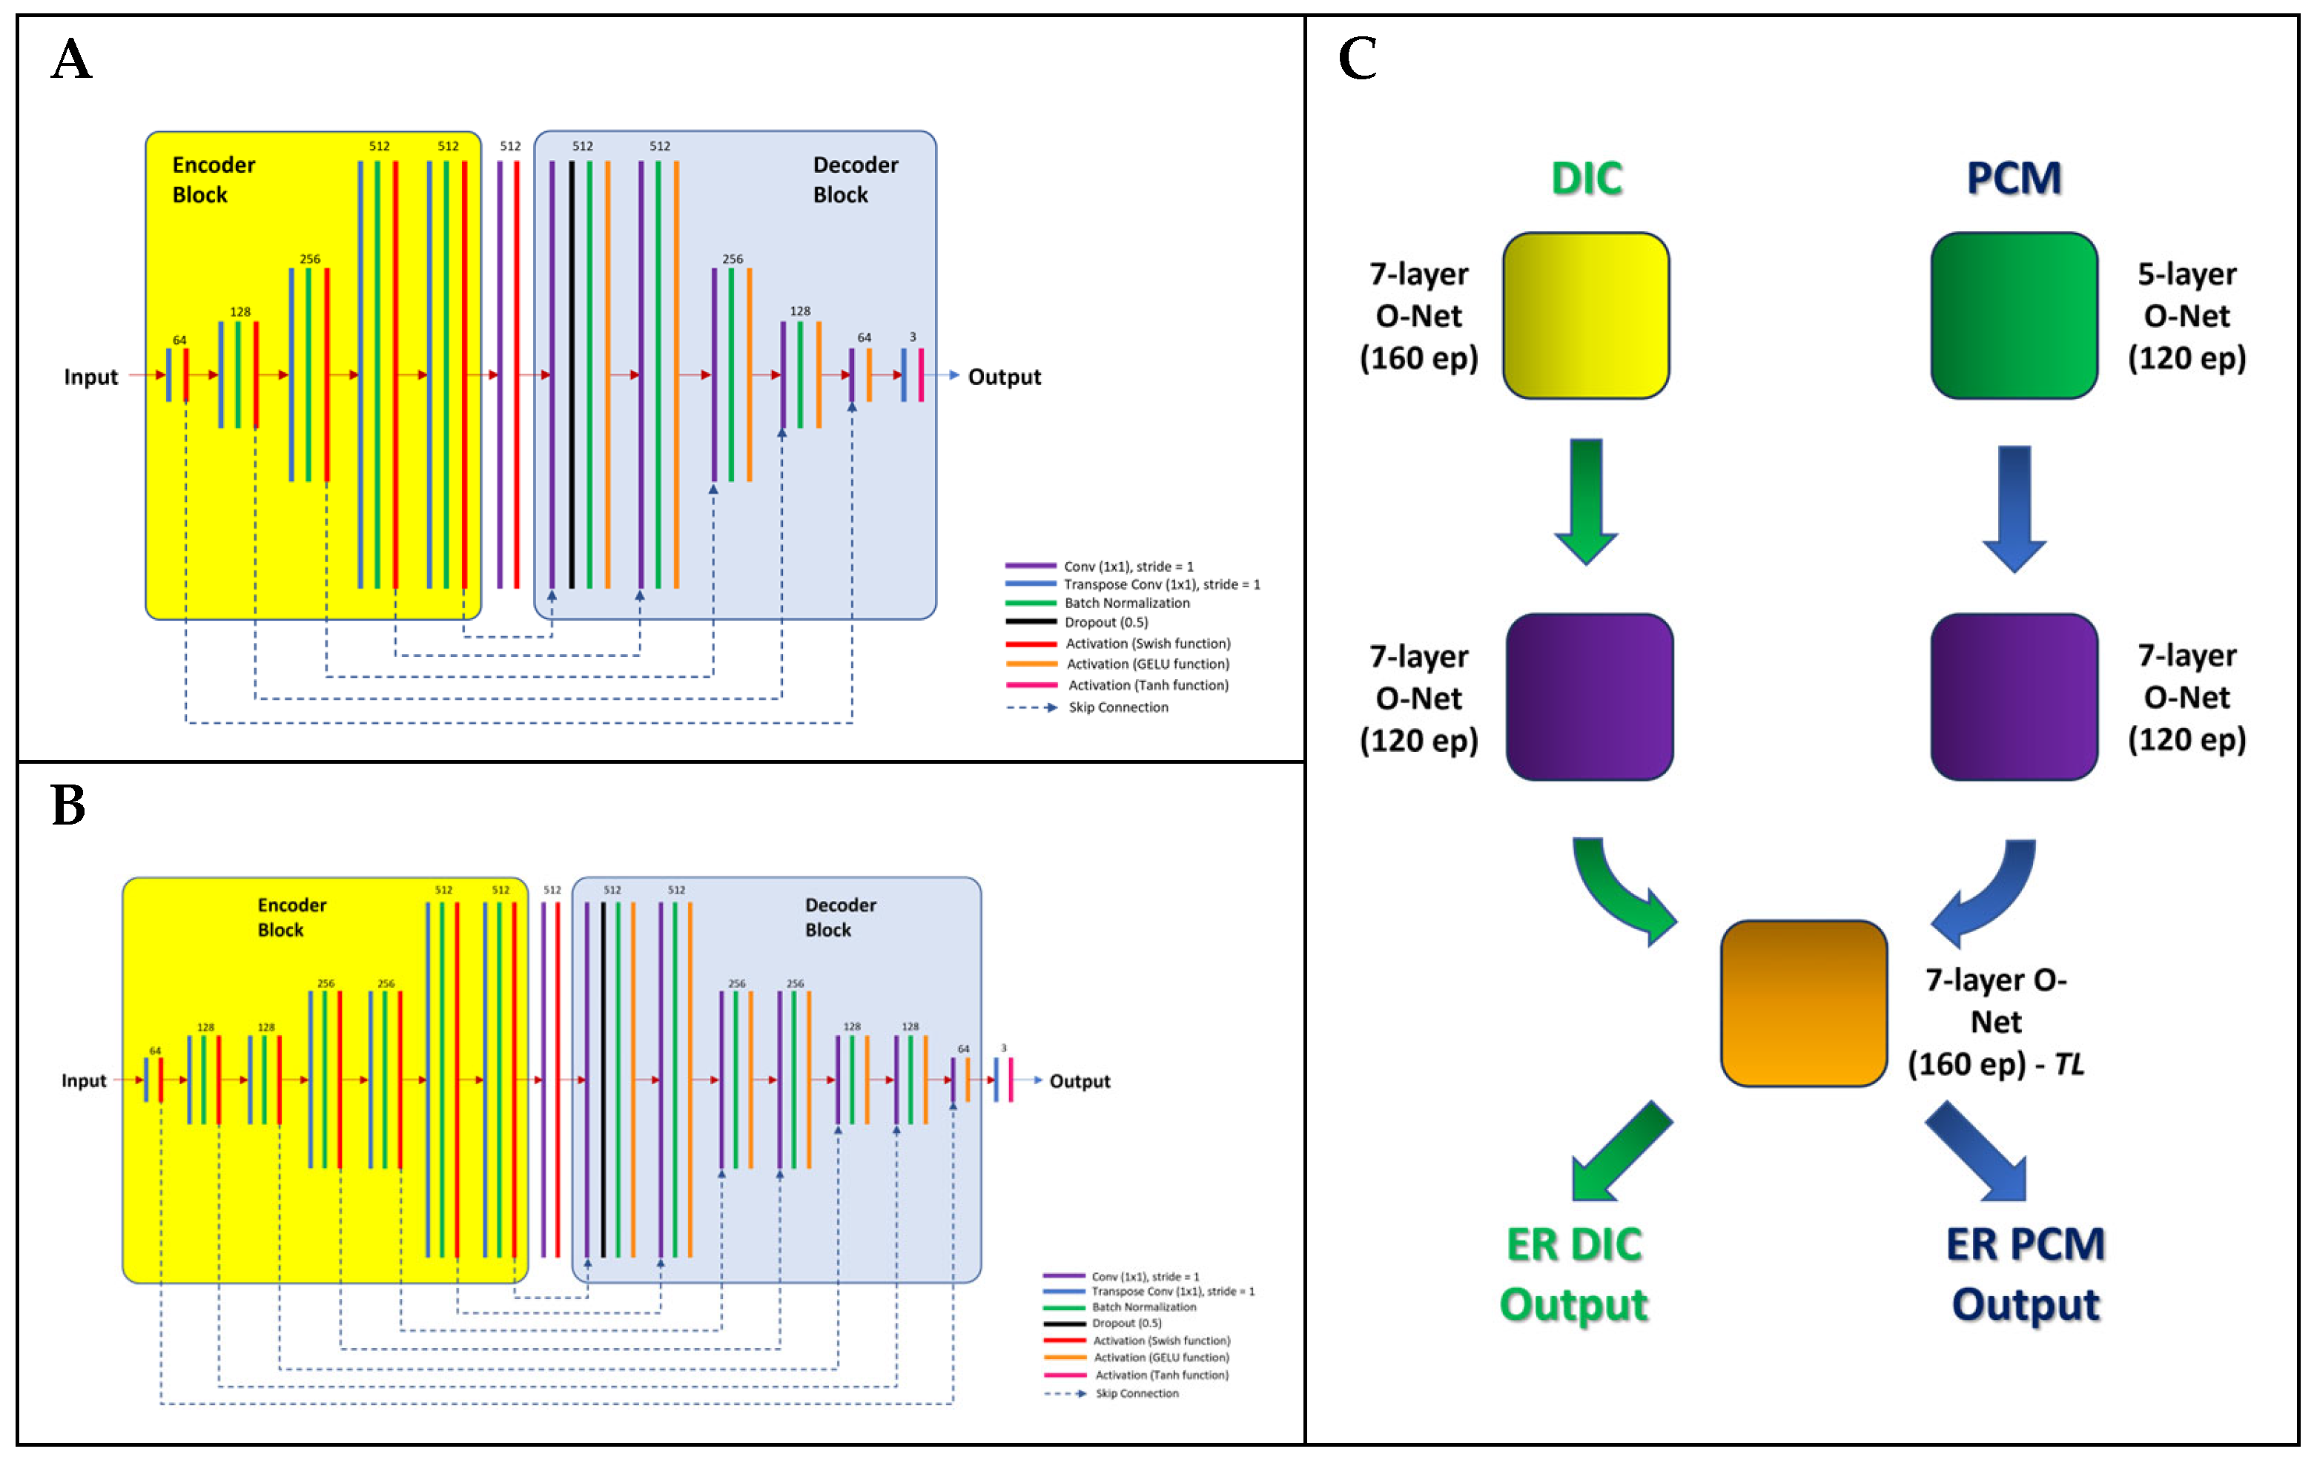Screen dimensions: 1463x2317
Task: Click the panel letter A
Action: pyautogui.click(x=71, y=59)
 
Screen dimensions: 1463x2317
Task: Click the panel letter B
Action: pyautogui.click(x=68, y=805)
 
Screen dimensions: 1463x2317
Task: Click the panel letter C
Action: pyautogui.click(x=1357, y=59)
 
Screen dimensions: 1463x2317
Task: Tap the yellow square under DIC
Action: pyautogui.click(x=1586, y=316)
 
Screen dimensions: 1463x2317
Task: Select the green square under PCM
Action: pyautogui.click(x=2014, y=316)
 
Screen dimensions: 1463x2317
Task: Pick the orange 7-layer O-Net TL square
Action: pyautogui.click(x=1803, y=1003)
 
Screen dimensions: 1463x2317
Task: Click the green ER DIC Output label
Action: pyautogui.click(x=1574, y=1275)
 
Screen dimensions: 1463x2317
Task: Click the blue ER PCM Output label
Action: pyautogui.click(x=2026, y=1275)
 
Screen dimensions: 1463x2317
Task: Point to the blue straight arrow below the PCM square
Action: pyautogui.click(x=2014, y=508)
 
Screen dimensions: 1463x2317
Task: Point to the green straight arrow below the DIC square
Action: pyautogui.click(x=1586, y=501)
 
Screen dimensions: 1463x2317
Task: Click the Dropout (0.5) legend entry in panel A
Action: pyautogui.click(x=1105, y=623)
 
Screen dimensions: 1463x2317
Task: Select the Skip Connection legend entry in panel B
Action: pyautogui.click(x=1137, y=1394)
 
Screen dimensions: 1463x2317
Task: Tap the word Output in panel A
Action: pyautogui.click(x=1004, y=377)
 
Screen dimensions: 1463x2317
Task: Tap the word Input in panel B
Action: pyautogui.click(x=84, y=1081)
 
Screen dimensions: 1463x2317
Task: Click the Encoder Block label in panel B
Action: pyautogui.click(x=291, y=917)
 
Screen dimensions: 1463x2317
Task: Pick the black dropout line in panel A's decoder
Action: pyautogui.click(x=572, y=375)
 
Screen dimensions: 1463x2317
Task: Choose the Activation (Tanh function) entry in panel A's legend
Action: pyautogui.click(x=1147, y=685)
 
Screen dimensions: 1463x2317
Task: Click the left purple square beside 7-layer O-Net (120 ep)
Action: pyautogui.click(x=1590, y=697)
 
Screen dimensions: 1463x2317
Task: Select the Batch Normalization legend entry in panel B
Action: pyautogui.click(x=1143, y=1307)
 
